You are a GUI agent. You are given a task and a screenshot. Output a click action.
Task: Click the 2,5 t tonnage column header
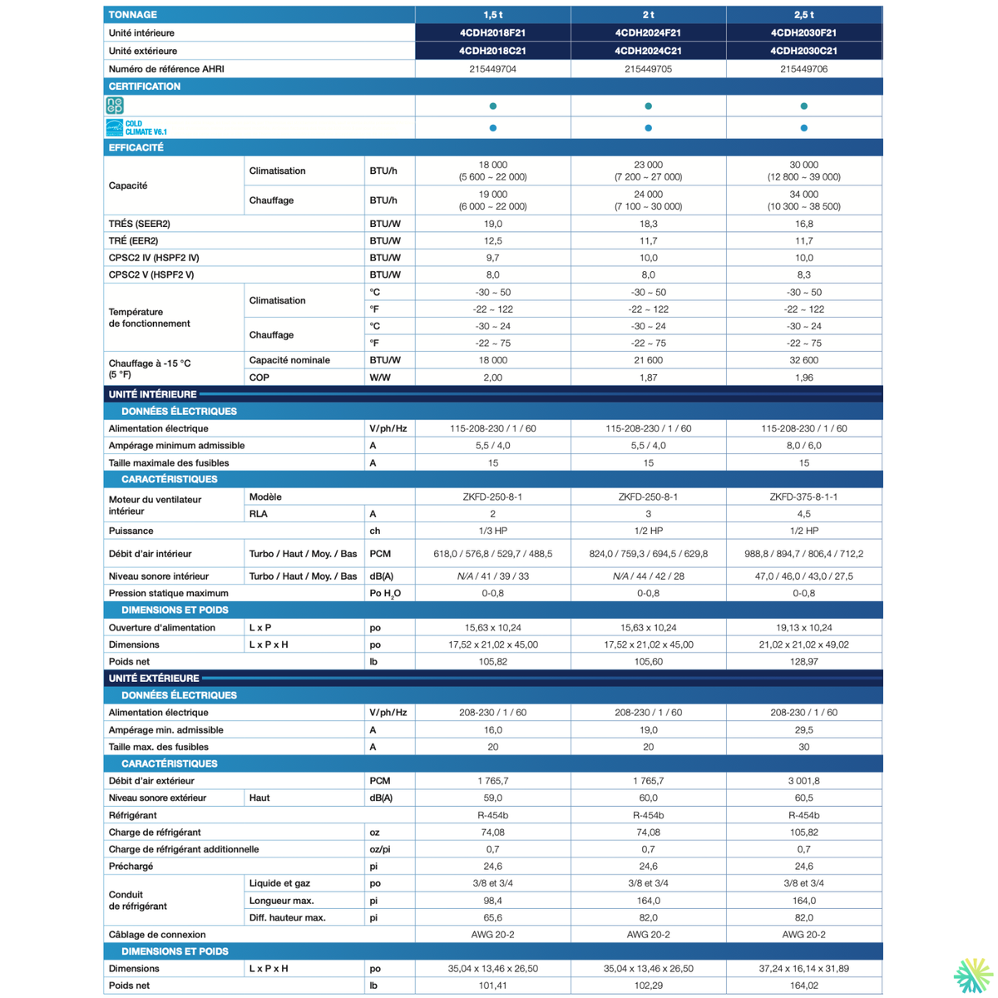[803, 15]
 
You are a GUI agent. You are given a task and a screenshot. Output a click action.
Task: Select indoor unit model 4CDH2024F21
[648, 33]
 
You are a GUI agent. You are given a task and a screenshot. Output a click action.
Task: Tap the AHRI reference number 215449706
[803, 69]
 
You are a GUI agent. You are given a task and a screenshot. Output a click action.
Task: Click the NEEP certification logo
[115, 106]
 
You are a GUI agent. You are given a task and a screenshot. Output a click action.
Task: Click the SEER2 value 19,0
[492, 224]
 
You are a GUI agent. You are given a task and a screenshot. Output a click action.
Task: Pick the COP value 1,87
[648, 378]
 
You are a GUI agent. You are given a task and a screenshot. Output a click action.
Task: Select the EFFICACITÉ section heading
[136, 148]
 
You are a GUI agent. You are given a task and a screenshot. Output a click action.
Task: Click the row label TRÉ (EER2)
[133, 241]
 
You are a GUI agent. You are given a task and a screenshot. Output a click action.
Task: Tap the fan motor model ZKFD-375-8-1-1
[803, 497]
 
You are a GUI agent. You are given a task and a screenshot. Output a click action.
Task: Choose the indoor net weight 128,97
[803, 662]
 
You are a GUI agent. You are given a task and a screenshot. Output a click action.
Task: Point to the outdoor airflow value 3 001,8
[803, 781]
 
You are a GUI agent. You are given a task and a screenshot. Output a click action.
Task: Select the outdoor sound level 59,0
[492, 798]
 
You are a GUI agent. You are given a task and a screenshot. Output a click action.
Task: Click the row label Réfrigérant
[133, 816]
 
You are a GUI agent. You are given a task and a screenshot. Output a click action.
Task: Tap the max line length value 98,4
[492, 901]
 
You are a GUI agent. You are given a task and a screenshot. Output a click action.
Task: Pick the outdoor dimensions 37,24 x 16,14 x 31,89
[803, 969]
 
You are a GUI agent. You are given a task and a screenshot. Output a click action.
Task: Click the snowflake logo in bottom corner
[972, 976]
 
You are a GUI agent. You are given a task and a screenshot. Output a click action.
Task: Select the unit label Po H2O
[385, 594]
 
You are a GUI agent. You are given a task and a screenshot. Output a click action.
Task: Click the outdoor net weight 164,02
[803, 986]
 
